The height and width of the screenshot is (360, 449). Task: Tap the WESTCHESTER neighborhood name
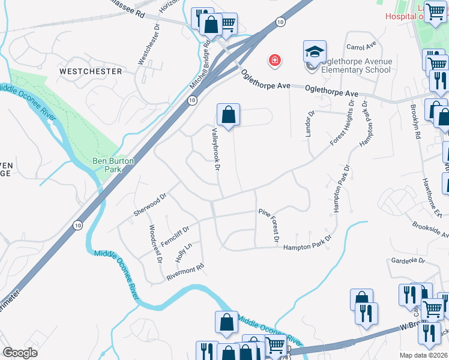90,71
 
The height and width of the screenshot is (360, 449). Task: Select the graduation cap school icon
314,52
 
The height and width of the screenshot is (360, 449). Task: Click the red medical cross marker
274,61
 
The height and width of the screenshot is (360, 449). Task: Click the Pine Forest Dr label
269,226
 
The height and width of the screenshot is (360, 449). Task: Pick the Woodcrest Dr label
155,244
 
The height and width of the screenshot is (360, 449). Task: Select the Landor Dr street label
310,124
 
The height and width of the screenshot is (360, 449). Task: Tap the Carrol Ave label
360,46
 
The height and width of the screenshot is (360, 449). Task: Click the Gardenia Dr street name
408,261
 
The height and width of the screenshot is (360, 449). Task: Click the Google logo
20,353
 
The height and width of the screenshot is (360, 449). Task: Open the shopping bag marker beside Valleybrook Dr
229,115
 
